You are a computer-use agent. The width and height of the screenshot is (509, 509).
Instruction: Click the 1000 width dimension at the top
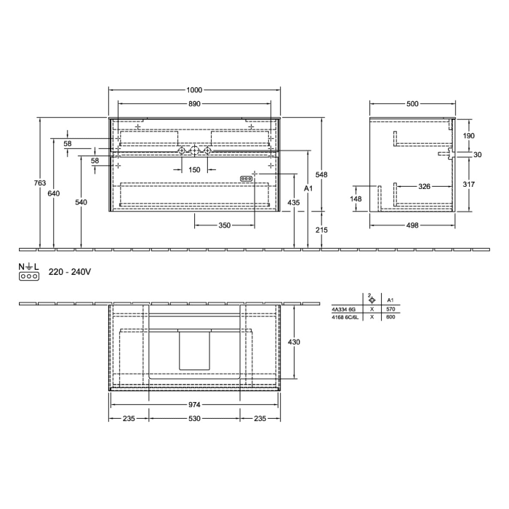194,89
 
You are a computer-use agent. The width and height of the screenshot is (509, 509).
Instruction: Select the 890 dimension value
194,104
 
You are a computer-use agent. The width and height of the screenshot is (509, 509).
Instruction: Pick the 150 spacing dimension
194,169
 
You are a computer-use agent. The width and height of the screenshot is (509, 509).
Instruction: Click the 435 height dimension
294,201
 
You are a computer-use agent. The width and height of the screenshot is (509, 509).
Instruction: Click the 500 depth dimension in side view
412,104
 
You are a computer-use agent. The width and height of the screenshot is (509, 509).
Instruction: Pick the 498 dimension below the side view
412,225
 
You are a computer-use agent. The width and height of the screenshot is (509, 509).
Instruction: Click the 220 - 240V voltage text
69,272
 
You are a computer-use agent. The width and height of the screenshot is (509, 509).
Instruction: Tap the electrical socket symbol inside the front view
247,177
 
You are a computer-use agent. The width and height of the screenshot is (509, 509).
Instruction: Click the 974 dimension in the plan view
194,404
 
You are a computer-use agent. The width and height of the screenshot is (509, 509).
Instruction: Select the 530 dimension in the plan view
194,418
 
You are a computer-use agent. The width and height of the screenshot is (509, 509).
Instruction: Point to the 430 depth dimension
294,341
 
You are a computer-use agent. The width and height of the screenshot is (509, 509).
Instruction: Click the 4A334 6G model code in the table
345,309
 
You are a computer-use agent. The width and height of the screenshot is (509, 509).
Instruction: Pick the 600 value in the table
390,317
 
